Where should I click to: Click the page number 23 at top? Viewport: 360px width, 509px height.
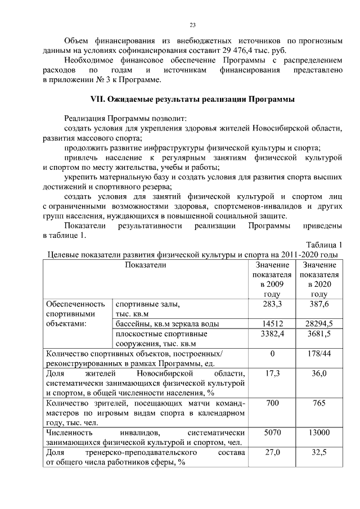click(192, 25)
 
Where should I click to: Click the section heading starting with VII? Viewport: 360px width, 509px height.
click(192, 100)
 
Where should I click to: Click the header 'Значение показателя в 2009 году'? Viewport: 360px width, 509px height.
click(272, 279)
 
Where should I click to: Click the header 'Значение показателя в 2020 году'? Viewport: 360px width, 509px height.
click(319, 279)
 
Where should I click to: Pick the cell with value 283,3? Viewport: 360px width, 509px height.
click(272, 304)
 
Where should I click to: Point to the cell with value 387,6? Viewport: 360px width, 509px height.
click(319, 304)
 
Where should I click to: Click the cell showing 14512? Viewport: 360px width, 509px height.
click(272, 323)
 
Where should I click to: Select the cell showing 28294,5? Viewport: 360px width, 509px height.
click(319, 323)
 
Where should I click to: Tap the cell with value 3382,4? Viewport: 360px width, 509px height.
click(272, 334)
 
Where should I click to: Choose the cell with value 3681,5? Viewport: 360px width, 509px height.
click(319, 334)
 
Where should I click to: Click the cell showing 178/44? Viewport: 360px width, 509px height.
click(319, 354)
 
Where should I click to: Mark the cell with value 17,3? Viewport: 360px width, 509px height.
click(272, 373)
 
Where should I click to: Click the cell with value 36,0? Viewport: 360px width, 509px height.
click(319, 373)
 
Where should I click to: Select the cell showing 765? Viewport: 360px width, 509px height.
click(319, 403)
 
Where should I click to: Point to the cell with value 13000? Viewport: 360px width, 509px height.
click(319, 433)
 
